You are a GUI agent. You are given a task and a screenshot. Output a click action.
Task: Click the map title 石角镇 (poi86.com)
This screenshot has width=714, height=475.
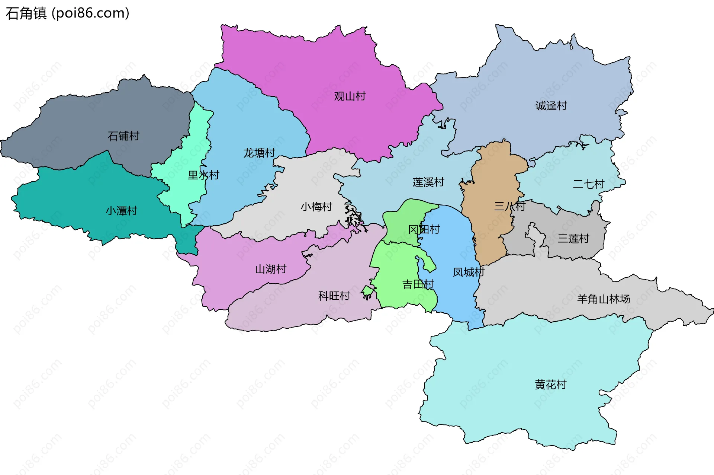click(x=68, y=13)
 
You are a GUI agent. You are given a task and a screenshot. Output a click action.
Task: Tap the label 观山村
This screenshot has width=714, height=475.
click(x=350, y=96)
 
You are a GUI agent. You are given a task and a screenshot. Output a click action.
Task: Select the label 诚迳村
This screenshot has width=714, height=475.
click(x=551, y=106)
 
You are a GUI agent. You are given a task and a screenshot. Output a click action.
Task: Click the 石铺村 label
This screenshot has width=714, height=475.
click(x=123, y=136)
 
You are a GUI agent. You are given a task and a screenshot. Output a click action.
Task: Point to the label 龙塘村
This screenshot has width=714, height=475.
click(x=259, y=153)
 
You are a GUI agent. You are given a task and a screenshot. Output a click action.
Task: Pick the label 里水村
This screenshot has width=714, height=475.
click(x=203, y=175)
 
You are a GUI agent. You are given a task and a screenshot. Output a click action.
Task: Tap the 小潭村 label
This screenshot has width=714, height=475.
click(x=121, y=211)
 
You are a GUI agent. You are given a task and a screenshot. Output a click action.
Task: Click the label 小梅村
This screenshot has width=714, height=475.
click(x=316, y=207)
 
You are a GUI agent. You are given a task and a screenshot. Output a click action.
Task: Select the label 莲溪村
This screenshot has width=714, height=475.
click(x=428, y=182)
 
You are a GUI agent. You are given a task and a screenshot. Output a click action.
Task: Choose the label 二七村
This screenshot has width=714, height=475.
click(x=588, y=184)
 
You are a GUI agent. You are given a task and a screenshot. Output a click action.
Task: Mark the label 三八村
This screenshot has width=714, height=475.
click(x=509, y=206)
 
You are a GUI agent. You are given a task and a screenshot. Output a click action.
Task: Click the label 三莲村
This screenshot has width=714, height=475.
click(x=573, y=238)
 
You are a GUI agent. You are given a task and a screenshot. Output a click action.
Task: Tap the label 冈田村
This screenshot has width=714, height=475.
click(x=424, y=229)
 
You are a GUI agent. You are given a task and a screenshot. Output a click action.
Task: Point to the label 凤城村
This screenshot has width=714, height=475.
click(x=469, y=272)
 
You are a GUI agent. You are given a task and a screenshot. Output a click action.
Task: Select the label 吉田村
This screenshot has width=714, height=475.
click(x=418, y=284)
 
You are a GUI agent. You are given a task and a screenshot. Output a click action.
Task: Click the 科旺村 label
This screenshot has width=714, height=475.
click(x=334, y=296)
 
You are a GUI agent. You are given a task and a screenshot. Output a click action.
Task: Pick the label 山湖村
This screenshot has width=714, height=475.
click(x=270, y=269)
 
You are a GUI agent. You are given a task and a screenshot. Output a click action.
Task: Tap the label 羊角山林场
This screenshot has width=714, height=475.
click(x=603, y=299)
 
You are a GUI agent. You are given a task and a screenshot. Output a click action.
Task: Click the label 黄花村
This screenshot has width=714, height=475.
click(x=550, y=384)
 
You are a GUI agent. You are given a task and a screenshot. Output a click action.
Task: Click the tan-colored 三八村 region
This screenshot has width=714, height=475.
click(x=491, y=231)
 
